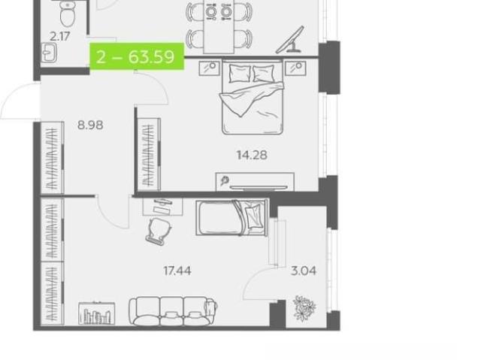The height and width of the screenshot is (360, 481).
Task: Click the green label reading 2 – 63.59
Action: (137, 56)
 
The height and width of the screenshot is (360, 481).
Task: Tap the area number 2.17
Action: (60, 37)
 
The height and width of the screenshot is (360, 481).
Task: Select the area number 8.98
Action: (90, 125)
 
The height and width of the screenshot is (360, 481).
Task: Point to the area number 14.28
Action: (252, 155)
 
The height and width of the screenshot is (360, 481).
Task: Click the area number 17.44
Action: (177, 271)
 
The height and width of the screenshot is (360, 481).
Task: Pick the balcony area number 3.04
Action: (304, 271)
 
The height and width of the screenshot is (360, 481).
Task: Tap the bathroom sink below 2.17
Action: (49, 53)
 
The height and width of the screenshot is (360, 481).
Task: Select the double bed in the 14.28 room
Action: (252, 97)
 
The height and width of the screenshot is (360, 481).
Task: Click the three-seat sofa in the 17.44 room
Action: (173, 310)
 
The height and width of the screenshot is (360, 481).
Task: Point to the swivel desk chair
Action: (159, 231)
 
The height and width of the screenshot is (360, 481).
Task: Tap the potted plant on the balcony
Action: (304, 308)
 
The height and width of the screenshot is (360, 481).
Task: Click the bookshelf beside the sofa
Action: (97, 313)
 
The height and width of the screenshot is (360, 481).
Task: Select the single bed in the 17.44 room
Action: (231, 218)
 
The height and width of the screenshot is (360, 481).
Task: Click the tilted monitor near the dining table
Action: (290, 40)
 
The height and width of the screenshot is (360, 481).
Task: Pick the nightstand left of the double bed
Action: (210, 68)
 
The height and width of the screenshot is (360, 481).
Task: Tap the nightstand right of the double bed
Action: (295, 68)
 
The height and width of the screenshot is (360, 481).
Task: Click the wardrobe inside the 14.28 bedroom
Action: (149, 154)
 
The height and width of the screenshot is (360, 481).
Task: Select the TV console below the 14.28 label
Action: (255, 182)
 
